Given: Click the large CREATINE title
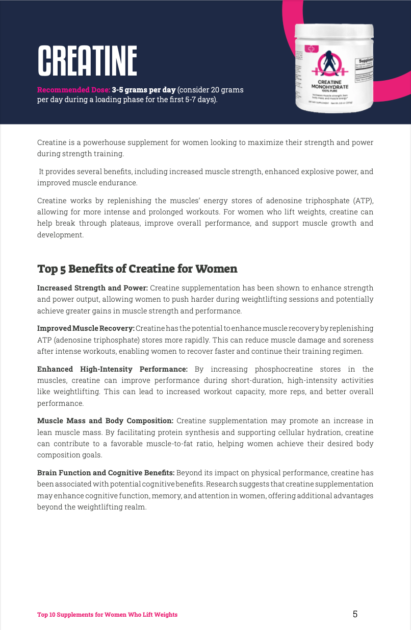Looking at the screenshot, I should [x=87, y=61].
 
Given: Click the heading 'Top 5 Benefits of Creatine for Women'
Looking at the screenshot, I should [x=137, y=269].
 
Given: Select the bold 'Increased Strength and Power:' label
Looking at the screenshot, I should [x=92, y=288].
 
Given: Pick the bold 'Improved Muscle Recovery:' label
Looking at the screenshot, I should [x=86, y=328].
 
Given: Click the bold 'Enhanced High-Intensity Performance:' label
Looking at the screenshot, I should [x=112, y=369].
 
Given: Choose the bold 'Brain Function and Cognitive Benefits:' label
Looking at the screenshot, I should [x=106, y=473].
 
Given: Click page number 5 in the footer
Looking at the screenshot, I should [x=355, y=614].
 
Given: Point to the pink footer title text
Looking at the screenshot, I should [x=107, y=615].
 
